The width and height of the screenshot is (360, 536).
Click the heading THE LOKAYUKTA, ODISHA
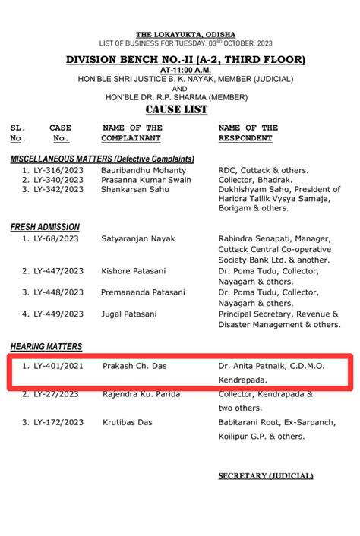(185, 35)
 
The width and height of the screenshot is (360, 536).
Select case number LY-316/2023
(58, 171)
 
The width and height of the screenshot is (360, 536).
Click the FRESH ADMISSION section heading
(45, 227)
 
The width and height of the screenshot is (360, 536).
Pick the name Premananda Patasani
(143, 292)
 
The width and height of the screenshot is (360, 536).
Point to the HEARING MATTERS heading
(46, 346)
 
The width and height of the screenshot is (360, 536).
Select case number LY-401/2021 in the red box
(58, 366)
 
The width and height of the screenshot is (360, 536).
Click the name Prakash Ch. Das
(133, 366)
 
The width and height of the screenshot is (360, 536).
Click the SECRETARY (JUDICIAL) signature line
(265, 476)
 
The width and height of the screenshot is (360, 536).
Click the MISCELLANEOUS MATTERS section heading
(103, 159)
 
